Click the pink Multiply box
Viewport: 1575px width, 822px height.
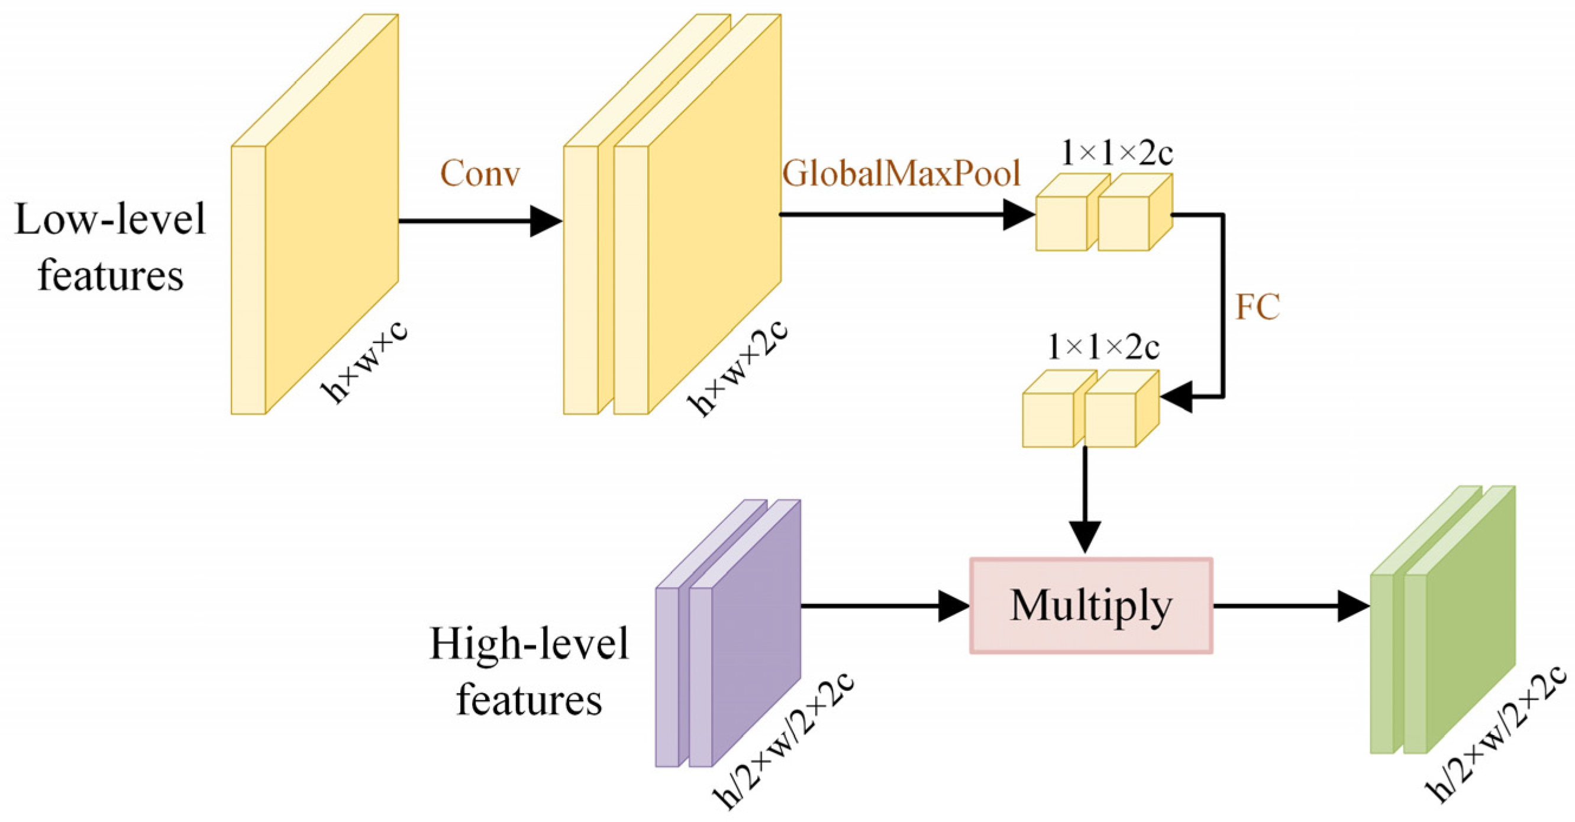pos(1091,606)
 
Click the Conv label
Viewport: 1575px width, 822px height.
pos(480,174)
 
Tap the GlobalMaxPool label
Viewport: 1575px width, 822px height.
pos(901,174)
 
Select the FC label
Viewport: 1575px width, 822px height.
pos(1257,307)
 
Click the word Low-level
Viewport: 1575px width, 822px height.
pos(110,220)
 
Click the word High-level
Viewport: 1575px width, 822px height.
pos(529,643)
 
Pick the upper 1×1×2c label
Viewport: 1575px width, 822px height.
pos(1116,153)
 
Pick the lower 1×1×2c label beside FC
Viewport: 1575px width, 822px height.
pos(1103,348)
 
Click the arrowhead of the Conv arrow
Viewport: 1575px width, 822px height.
pos(546,221)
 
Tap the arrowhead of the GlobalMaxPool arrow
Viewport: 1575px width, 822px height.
pos(1019,215)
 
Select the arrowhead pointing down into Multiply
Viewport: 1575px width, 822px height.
pos(1085,536)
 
